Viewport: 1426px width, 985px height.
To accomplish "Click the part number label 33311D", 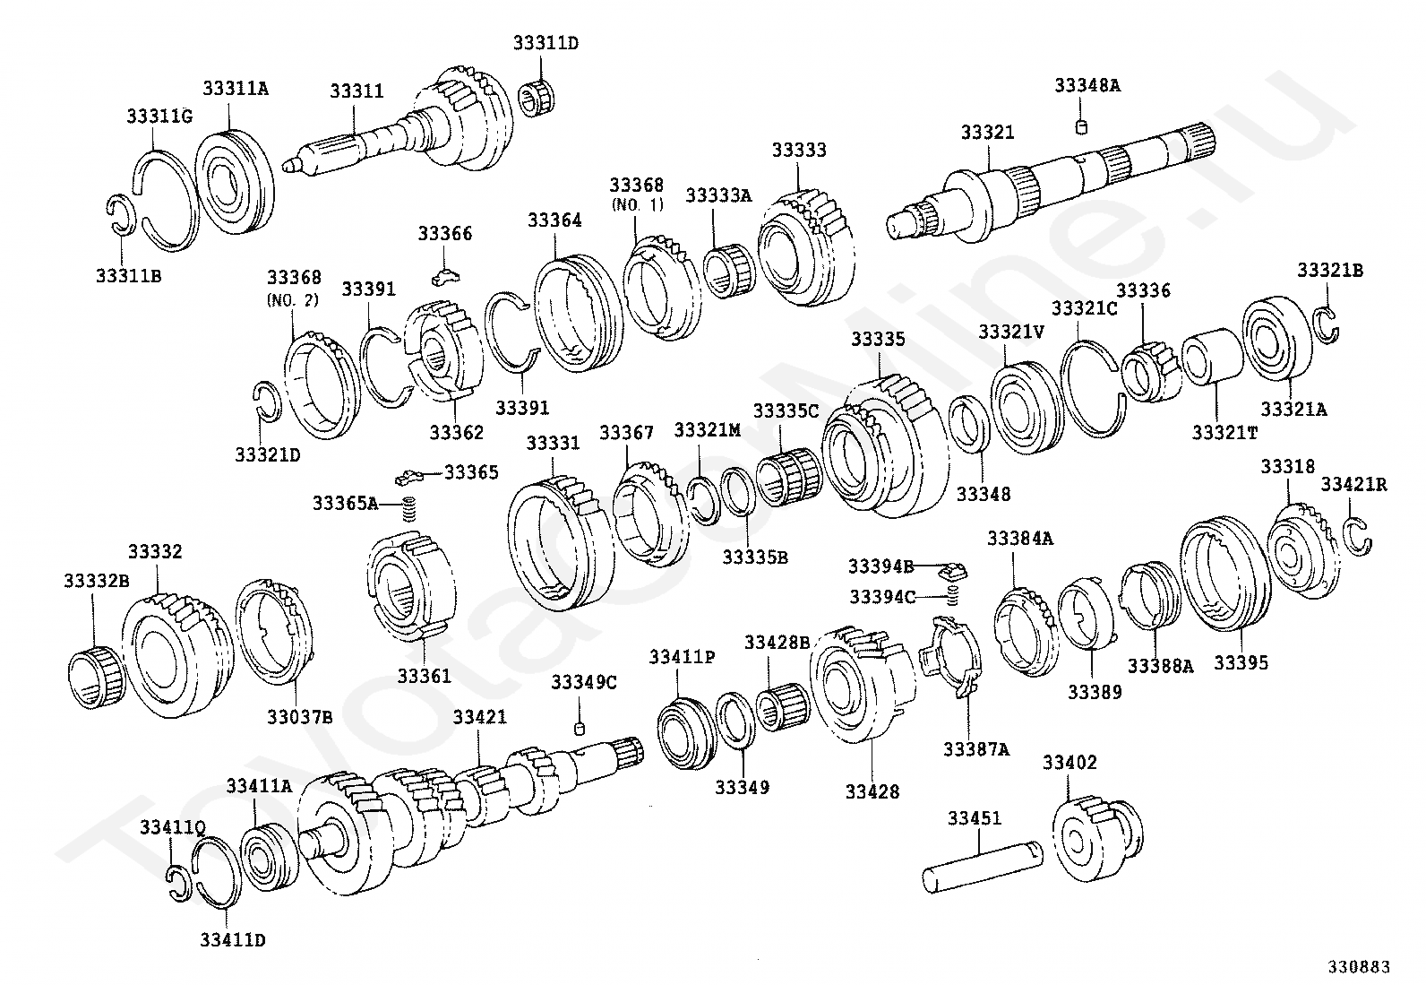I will [x=545, y=42].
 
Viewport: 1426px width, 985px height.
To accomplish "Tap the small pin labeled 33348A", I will [x=1081, y=126].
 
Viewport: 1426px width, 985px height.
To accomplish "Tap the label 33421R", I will [x=1353, y=485].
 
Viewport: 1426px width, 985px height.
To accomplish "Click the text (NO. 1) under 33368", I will [x=636, y=205].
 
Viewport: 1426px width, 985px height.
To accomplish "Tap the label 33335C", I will [x=786, y=410].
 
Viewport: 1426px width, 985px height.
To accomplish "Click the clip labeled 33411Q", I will [x=178, y=881].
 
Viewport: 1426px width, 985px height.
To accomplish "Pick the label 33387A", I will [x=975, y=748].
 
